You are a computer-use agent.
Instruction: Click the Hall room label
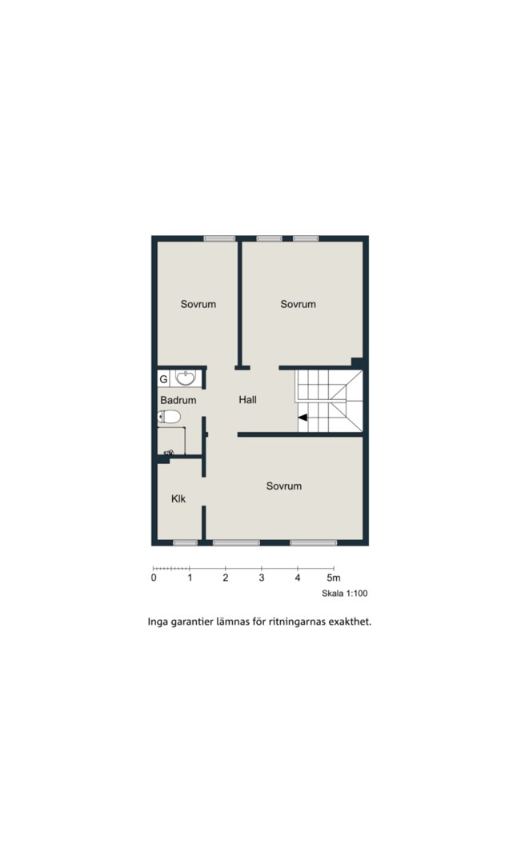(247, 399)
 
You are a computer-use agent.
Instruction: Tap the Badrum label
(178, 400)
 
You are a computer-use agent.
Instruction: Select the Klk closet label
(178, 498)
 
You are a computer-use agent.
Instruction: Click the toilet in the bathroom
(169, 417)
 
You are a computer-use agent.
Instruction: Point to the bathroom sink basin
(185, 378)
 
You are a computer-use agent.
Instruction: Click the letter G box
(163, 380)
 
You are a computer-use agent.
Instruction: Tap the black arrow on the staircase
(303, 418)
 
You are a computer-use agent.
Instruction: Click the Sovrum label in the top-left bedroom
(198, 304)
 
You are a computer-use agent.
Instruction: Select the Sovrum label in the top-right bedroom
(298, 304)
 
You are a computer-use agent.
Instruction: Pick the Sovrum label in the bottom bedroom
(284, 486)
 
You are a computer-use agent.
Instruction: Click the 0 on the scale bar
(154, 578)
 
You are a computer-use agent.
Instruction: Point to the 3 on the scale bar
(262, 578)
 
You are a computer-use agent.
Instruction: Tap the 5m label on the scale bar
(334, 578)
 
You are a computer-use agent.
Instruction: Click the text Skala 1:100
(345, 594)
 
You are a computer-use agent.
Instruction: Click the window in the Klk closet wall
(185, 542)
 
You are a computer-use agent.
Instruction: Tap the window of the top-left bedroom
(219, 238)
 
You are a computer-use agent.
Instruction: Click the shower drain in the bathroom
(169, 453)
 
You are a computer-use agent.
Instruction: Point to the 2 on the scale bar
(226, 578)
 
